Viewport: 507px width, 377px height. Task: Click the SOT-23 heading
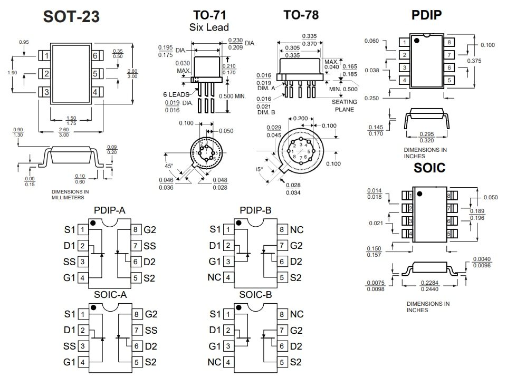tap(71, 17)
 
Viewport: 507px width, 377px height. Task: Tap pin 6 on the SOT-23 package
tap(95, 56)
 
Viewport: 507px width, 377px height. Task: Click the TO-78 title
tap(301, 15)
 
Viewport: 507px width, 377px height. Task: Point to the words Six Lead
tap(209, 27)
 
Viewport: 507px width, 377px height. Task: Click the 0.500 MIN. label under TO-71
tap(233, 96)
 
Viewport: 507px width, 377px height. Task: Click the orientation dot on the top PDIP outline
tap(416, 41)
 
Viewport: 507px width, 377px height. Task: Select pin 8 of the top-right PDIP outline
tap(449, 43)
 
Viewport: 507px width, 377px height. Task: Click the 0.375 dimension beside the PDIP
tap(474, 61)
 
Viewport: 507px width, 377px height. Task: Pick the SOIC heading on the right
tap(429, 168)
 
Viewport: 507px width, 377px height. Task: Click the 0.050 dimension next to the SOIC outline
tap(490, 197)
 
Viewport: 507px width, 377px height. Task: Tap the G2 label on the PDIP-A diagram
tap(150, 230)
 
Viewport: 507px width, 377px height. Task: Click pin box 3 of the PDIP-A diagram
tap(83, 262)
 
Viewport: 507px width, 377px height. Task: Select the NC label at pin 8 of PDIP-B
tap(296, 230)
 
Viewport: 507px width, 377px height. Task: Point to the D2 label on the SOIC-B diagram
tap(296, 346)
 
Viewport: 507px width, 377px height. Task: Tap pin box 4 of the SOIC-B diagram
tap(228, 362)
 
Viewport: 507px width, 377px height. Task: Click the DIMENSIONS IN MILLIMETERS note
tap(70, 194)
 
